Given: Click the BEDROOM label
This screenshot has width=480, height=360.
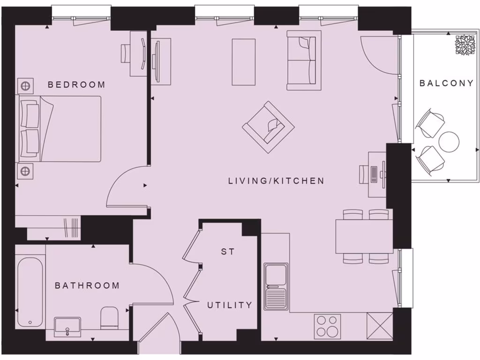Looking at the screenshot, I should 76,85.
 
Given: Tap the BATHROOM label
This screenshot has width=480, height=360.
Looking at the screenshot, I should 87,285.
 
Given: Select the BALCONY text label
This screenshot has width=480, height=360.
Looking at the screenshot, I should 446,83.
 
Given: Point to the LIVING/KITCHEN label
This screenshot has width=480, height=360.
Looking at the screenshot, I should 276,180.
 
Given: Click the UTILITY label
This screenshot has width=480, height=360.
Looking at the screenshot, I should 230,305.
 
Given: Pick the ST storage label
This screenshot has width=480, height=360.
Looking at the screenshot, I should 228,252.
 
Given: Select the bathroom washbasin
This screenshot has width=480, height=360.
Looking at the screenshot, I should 67,327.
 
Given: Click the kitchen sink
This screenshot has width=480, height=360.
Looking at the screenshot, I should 275,286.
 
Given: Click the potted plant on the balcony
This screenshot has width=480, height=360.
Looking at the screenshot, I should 465,45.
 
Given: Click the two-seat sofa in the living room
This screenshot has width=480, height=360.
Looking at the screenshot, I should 304,60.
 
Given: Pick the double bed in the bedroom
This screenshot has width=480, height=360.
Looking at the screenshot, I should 60,129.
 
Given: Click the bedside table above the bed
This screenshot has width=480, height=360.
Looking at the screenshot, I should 25,86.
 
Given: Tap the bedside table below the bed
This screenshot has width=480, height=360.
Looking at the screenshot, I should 25,171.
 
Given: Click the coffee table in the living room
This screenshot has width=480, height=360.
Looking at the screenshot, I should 244,62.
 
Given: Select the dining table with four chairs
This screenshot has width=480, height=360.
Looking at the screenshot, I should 364,236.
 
